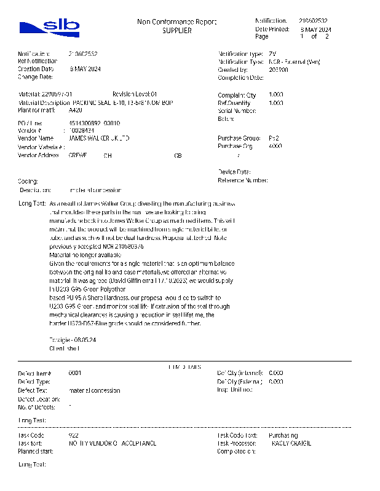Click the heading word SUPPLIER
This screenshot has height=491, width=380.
pyautogui.click(x=176, y=31)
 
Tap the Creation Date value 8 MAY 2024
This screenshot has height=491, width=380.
pyautogui.click(x=85, y=69)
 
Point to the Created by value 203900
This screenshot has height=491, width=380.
pyautogui.click(x=278, y=70)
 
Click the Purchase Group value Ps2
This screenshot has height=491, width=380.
pyautogui.click(x=274, y=139)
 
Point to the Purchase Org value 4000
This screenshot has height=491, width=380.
pyautogui.click(x=275, y=147)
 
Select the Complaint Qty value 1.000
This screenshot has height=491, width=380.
pyautogui.click(x=276, y=95)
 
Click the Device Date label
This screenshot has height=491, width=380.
pyautogui.click(x=234, y=172)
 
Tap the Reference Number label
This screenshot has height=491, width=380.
pyautogui.click(x=243, y=180)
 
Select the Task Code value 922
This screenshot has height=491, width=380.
pyautogui.click(x=73, y=435)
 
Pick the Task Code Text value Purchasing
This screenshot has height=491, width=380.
pyautogui.click(x=283, y=435)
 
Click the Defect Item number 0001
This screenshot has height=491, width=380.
pyautogui.click(x=75, y=373)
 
